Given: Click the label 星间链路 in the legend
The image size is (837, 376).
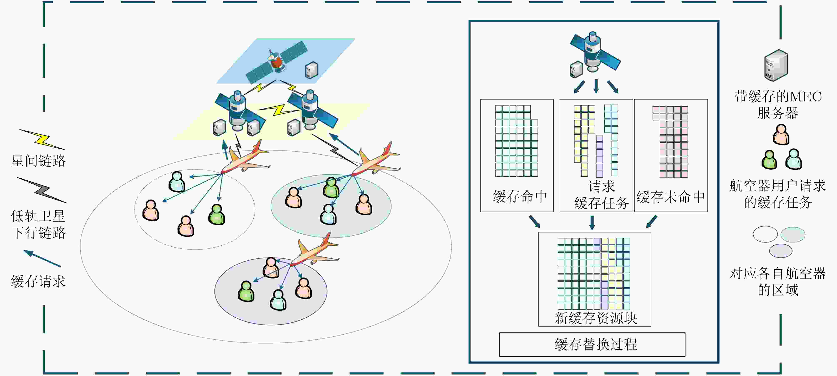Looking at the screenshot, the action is coord(38,161).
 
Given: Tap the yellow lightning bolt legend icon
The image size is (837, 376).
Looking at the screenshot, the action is coord(42,140).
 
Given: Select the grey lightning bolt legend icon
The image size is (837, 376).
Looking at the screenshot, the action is coord(42,190).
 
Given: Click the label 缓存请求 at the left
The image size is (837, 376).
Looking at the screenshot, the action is coord(38,281).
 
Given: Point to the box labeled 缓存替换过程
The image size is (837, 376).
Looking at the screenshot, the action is coord(592,344).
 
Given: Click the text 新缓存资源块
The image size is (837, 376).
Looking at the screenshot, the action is coord(596,318).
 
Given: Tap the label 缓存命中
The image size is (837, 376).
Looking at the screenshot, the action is coord(520,197).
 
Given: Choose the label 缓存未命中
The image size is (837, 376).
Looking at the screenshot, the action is coord(671,197).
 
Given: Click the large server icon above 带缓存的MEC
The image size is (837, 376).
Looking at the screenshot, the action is coord(776,65).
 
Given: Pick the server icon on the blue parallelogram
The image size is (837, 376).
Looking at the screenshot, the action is coord(311,70).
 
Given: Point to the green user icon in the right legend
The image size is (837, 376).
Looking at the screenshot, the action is coord(769,159).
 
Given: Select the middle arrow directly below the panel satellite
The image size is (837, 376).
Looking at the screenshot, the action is coord(596,86).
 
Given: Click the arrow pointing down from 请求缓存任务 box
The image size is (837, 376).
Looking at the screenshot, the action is coord(592,222).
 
